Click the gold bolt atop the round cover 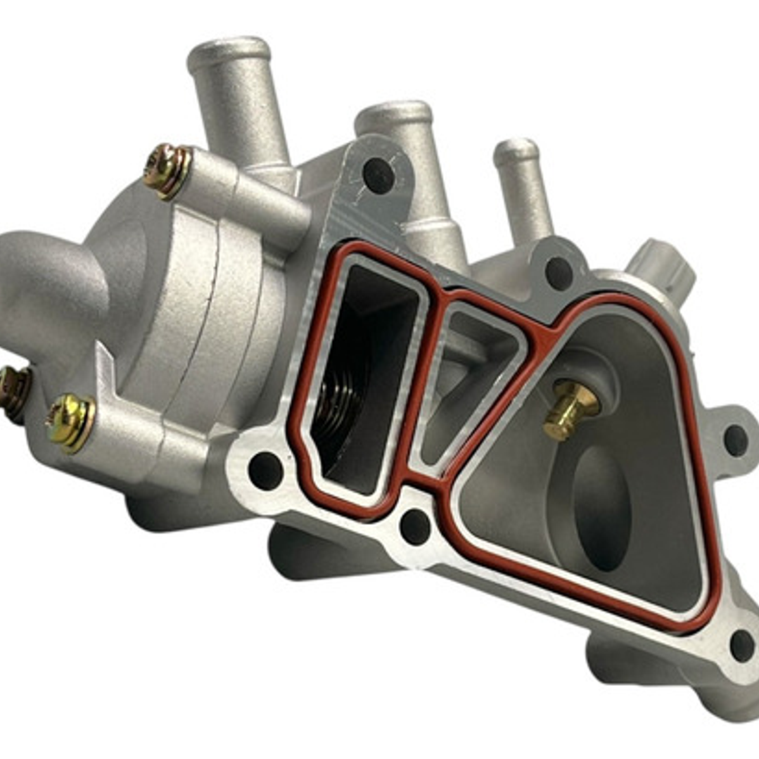click(x=167, y=170)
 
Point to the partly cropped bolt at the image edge click(x=13, y=393)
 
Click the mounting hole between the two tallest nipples click(x=378, y=176)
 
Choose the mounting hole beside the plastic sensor click(x=559, y=273)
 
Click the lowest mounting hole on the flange click(x=742, y=645)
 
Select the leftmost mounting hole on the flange click(x=266, y=471)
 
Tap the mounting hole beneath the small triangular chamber click(x=415, y=526)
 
